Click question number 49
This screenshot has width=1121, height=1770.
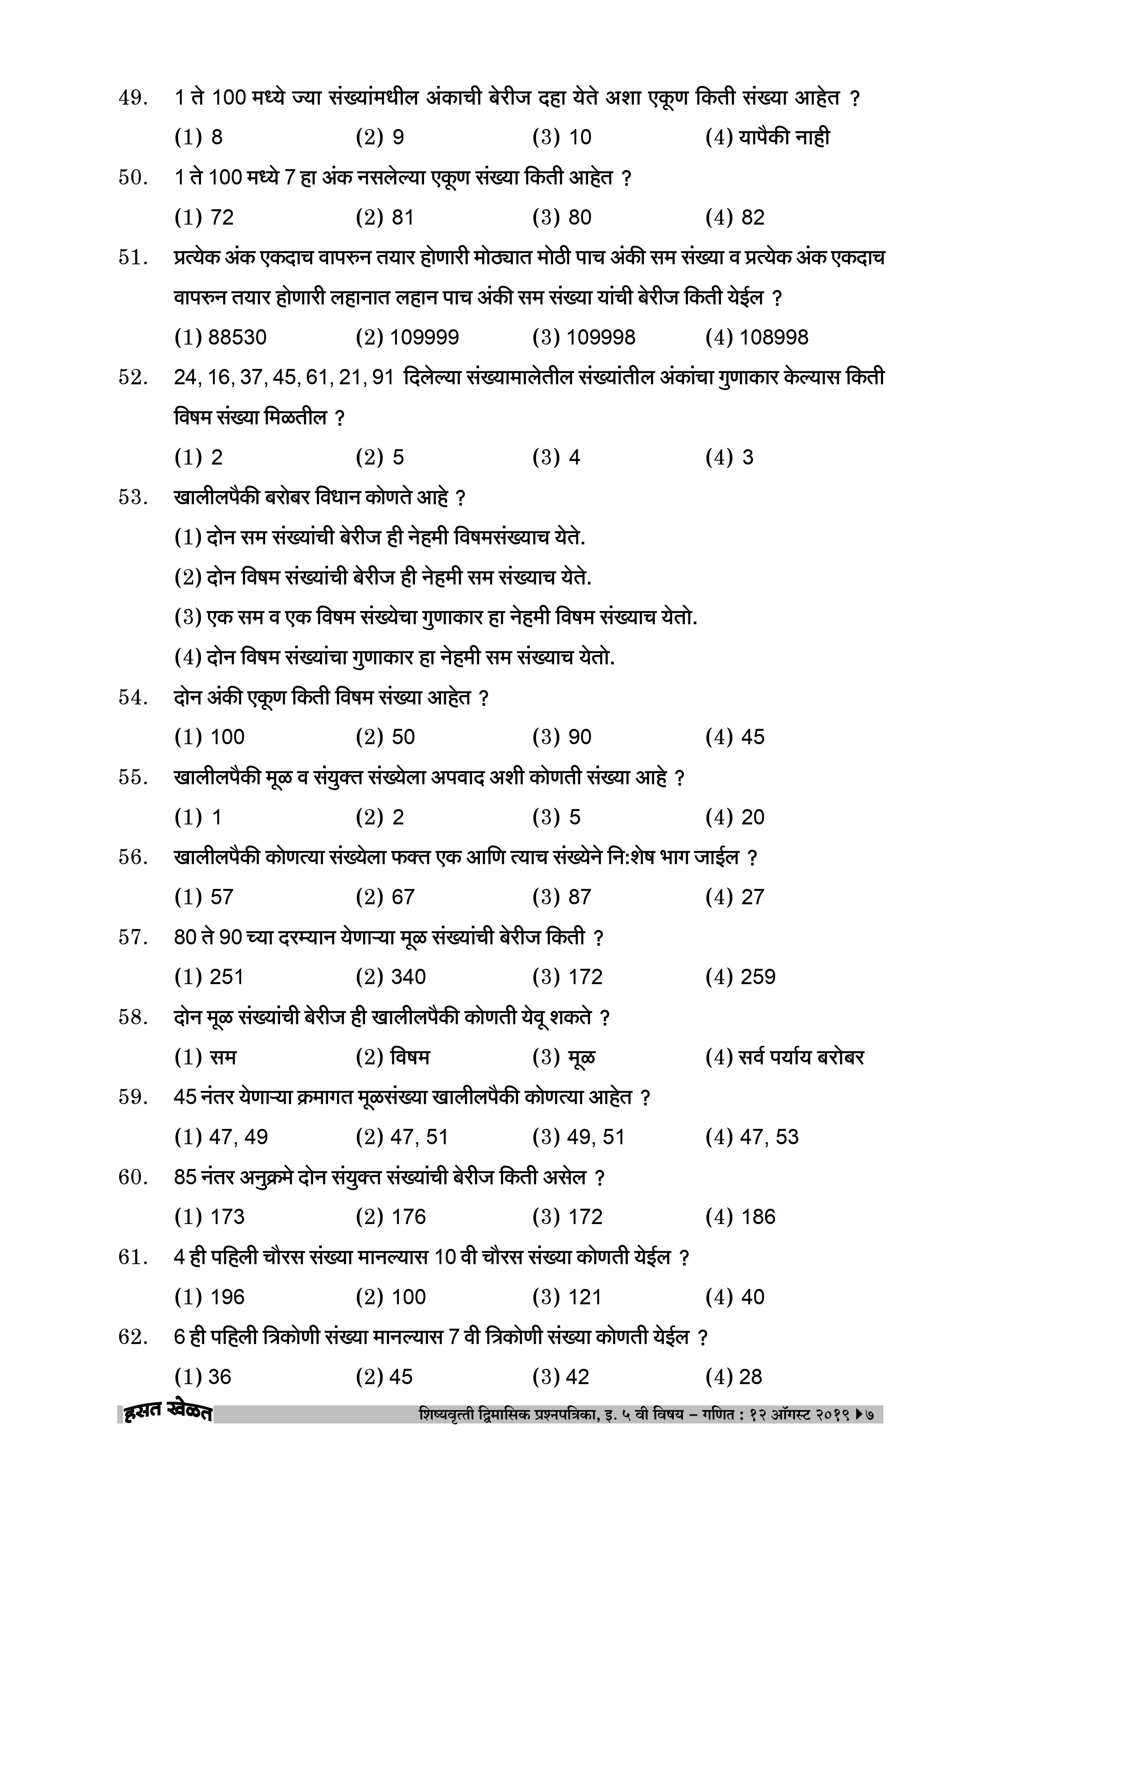tap(133, 98)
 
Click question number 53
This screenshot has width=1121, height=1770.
tap(133, 498)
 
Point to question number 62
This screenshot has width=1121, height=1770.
tap(133, 1337)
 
